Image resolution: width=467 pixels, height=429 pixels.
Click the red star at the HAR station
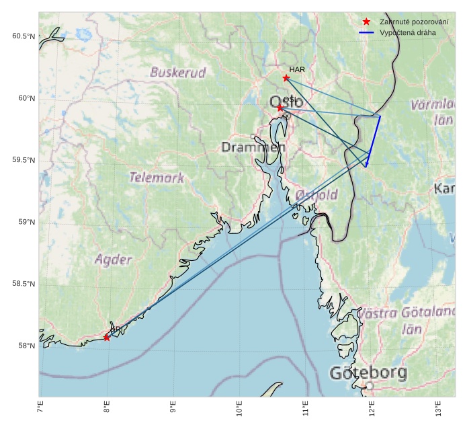click(286, 78)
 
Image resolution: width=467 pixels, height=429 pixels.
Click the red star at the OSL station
click(280, 108)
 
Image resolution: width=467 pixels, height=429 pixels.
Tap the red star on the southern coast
click(107, 338)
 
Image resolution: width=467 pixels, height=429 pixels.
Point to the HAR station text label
click(297, 69)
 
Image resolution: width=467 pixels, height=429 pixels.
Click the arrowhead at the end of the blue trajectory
click(366, 165)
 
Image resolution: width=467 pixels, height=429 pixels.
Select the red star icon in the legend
click(366, 22)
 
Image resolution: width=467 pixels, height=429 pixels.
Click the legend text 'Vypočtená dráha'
click(407, 32)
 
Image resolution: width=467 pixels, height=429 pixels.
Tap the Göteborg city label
click(368, 373)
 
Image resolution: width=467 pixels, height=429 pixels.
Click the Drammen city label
click(253, 147)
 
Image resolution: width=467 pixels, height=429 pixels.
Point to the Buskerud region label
click(178, 72)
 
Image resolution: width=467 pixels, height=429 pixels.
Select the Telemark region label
click(157, 178)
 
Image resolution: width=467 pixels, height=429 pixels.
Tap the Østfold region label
click(316, 195)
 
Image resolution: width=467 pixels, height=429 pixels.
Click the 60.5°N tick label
click(23, 36)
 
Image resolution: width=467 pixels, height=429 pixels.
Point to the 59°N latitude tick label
click(26, 222)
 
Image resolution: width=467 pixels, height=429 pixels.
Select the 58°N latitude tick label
click(26, 346)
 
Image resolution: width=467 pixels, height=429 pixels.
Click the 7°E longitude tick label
click(40, 407)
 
